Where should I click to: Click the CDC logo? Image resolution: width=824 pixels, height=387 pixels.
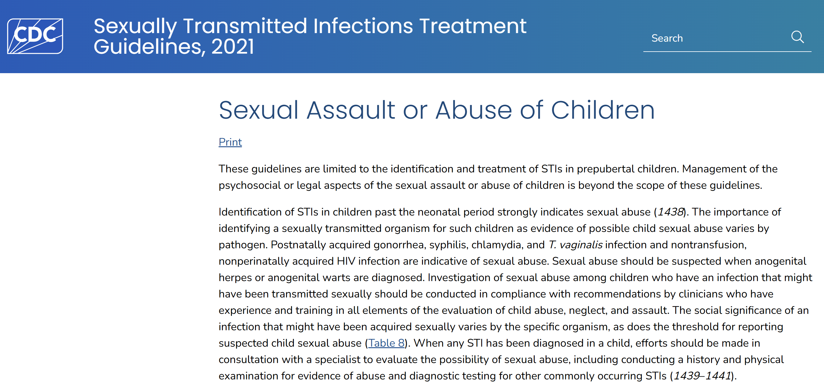click(x=35, y=36)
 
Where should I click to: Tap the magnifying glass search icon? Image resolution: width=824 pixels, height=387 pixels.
click(x=798, y=37)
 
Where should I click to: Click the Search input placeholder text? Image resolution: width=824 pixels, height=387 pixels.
click(x=667, y=38)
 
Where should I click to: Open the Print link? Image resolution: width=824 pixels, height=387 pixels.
click(x=230, y=142)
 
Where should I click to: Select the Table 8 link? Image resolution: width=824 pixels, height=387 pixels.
click(x=386, y=343)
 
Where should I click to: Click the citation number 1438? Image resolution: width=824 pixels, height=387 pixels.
click(x=670, y=212)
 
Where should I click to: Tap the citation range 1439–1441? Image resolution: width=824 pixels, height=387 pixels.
click(x=702, y=375)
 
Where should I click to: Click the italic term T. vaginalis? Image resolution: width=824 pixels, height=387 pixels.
click(x=575, y=245)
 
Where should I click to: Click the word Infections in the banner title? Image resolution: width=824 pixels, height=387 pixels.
click(x=363, y=26)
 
